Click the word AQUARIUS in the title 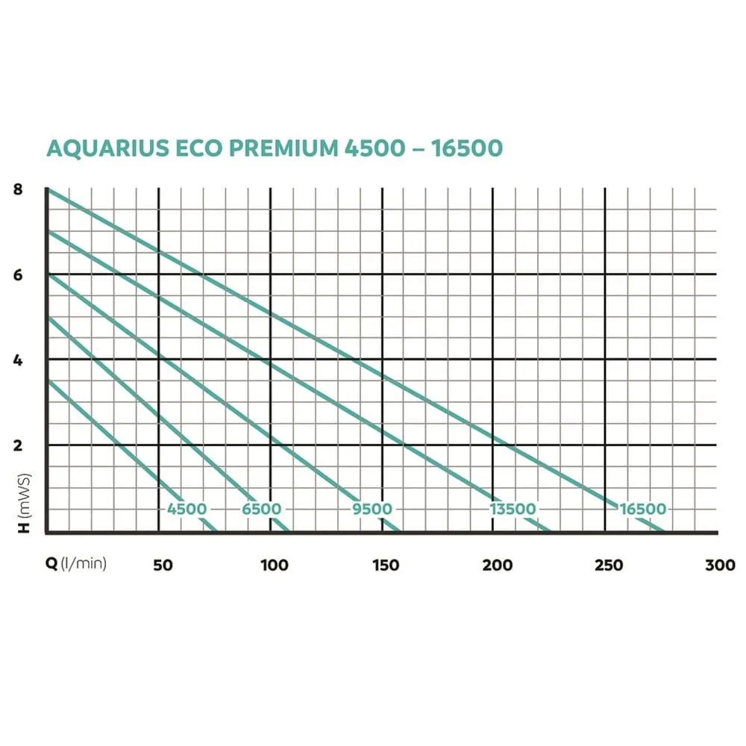[109, 148]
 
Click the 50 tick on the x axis [163, 565]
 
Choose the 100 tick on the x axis [274, 565]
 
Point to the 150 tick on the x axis [385, 565]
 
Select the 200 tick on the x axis [498, 565]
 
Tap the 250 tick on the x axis [609, 565]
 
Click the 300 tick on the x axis [720, 565]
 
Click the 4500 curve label [186, 509]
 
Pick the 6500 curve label [261, 509]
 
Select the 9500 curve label [372, 509]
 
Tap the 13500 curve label [513, 509]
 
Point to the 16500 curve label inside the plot [642, 509]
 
